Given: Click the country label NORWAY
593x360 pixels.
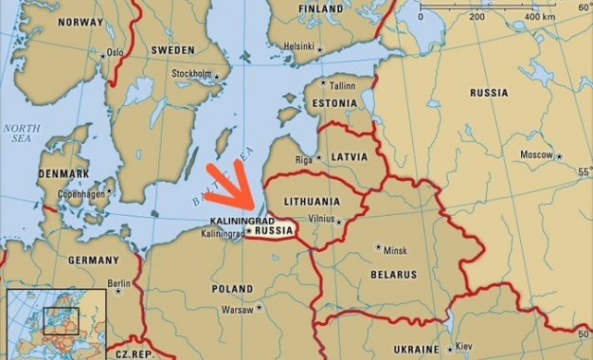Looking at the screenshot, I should [81, 21].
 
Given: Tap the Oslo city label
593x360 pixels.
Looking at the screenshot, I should [115, 53].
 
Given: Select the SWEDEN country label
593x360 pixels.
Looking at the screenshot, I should [174, 49].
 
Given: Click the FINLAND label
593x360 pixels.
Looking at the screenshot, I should [321, 9].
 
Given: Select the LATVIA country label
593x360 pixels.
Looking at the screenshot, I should [349, 156].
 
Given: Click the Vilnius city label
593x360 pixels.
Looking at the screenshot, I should [323, 219].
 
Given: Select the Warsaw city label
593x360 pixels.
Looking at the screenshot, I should [237, 309].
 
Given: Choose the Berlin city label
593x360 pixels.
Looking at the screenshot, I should [118, 283].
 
